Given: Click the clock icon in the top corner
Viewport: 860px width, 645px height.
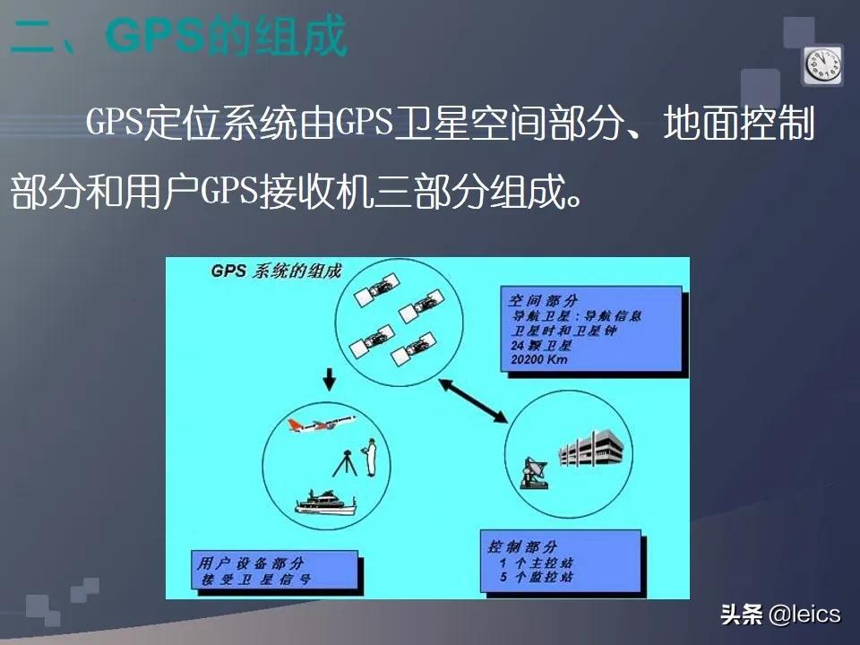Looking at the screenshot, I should (822, 65).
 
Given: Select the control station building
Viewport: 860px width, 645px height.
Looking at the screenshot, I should (592, 448).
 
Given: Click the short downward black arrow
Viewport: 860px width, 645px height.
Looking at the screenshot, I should (329, 383).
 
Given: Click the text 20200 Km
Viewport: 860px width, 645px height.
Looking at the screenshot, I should (539, 360).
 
